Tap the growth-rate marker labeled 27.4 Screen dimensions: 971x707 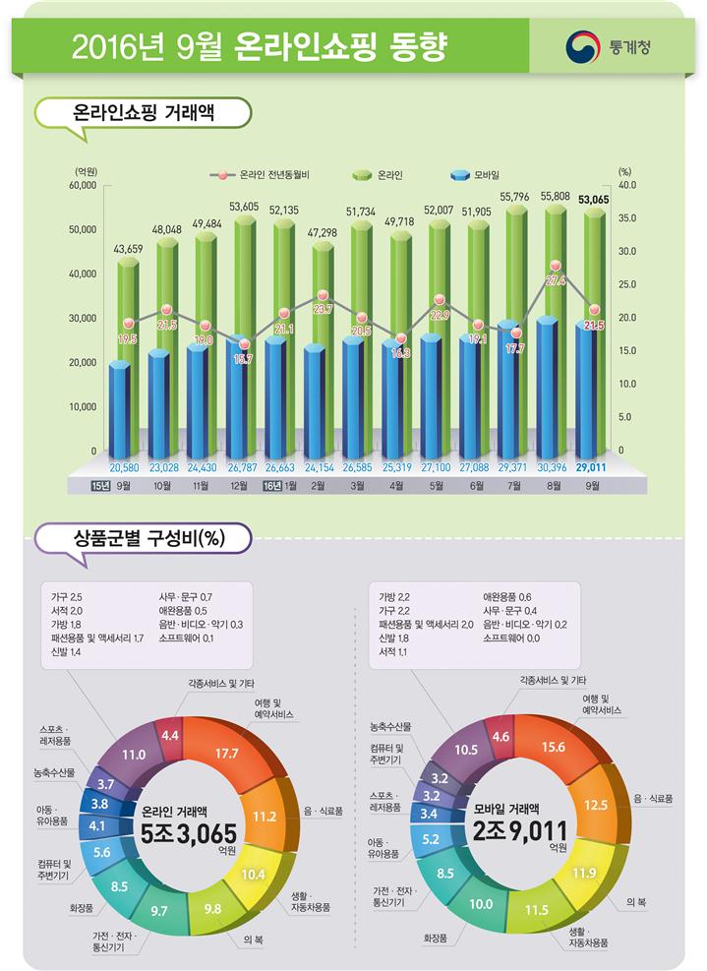click(x=555, y=267)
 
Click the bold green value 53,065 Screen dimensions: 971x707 click(x=593, y=200)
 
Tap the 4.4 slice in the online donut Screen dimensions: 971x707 click(x=169, y=735)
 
